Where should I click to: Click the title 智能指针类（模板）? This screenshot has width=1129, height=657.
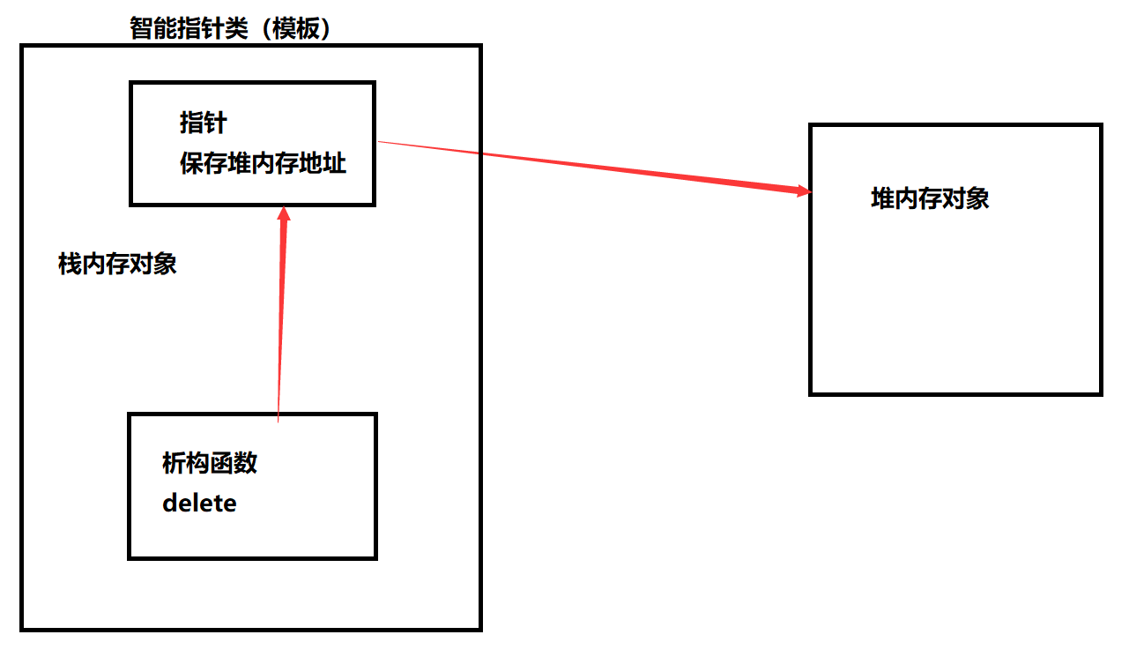pyautogui.click(x=230, y=29)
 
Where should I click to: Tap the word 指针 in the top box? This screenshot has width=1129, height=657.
pyautogui.click(x=203, y=123)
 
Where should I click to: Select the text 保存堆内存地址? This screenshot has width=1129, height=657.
pyautogui.click(x=263, y=163)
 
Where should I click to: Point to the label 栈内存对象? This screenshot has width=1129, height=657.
pyautogui.click(x=117, y=264)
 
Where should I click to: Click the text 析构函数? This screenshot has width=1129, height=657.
pyautogui.click(x=210, y=462)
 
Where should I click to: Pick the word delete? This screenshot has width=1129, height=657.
pyautogui.click(x=199, y=504)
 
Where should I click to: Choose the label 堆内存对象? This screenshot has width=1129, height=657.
pyautogui.click(x=930, y=198)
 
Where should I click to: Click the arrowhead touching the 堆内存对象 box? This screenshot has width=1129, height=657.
pyautogui.click(x=802, y=190)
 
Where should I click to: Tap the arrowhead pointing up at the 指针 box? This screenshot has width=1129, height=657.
pyautogui.click(x=283, y=216)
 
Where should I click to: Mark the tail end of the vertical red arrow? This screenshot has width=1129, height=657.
pyautogui.click(x=278, y=421)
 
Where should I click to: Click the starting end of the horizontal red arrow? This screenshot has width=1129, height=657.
pyautogui.click(x=380, y=142)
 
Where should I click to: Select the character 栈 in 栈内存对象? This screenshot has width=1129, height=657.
pyautogui.click(x=70, y=264)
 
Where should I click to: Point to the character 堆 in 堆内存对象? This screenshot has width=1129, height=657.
pyautogui.click(x=882, y=198)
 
